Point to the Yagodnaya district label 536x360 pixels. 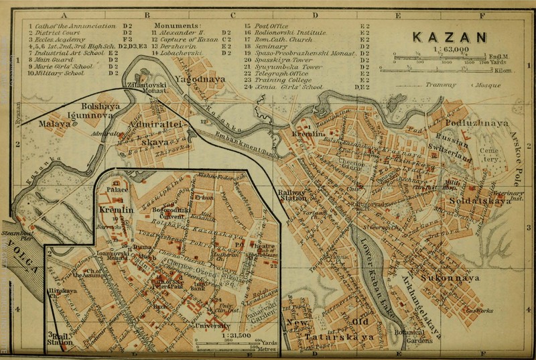click(x=194, y=79)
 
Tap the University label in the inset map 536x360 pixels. click(x=213, y=326)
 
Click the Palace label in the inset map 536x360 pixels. click(x=117, y=190)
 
